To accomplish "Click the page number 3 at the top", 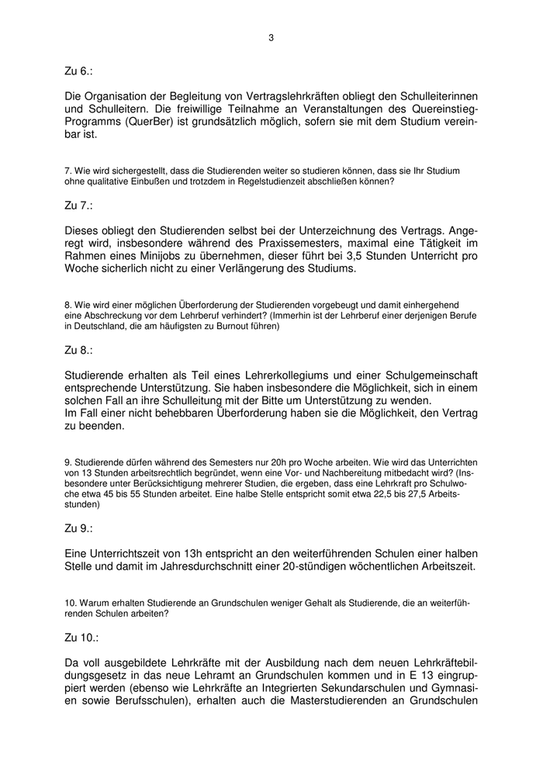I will [271, 36].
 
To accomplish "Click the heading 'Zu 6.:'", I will [78, 71].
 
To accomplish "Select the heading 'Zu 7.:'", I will [78, 206].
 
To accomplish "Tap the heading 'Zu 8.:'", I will [78, 350].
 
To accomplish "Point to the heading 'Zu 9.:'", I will [78, 528].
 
